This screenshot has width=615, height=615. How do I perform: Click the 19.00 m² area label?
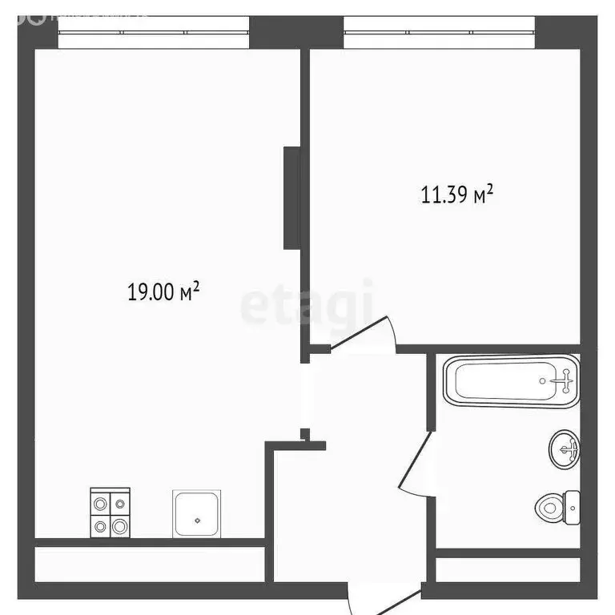(163, 292)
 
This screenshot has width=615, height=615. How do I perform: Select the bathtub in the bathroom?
(510, 381)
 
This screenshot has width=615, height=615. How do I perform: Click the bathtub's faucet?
(567, 381)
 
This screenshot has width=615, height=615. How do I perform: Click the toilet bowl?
(550, 506)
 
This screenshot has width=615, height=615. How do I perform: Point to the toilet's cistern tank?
(573, 504)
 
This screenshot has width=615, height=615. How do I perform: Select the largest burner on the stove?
(119, 526)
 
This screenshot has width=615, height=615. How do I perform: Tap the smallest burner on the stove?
(120, 504)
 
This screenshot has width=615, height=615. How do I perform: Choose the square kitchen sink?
(197, 514)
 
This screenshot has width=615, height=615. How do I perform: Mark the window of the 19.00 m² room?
(154, 33)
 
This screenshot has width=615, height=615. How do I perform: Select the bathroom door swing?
(416, 464)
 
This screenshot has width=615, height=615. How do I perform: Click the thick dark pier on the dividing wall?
(291, 197)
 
